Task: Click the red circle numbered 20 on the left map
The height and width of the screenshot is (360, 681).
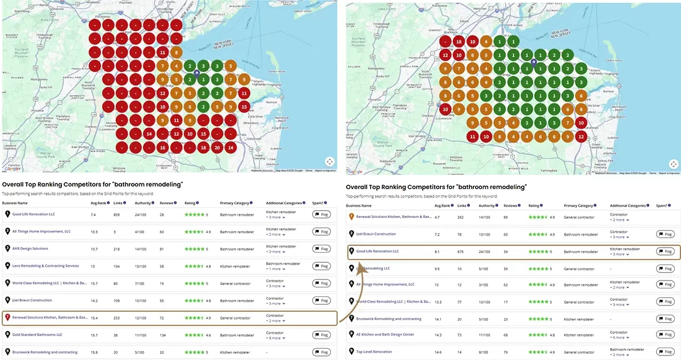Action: [217, 148]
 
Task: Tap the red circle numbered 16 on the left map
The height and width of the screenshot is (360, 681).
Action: [162, 148]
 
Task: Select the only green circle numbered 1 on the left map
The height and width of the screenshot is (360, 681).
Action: [203, 79]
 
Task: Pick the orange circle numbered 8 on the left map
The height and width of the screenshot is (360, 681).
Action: [176, 53]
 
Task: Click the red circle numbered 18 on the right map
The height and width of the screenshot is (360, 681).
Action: [459, 41]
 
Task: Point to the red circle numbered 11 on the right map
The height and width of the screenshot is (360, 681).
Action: [473, 136]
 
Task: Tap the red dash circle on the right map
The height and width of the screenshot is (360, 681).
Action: [445, 41]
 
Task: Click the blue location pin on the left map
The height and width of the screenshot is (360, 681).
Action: [196, 73]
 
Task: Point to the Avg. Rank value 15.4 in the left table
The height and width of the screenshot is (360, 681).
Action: [95, 318]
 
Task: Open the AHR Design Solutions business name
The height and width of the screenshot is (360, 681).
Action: [30, 249]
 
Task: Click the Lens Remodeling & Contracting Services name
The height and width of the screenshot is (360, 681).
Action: [45, 266]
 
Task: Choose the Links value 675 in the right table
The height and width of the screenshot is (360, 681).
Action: [461, 251]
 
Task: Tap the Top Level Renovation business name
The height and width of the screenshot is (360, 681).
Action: [374, 352]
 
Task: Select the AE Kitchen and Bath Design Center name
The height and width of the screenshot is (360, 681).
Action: [385, 335]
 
